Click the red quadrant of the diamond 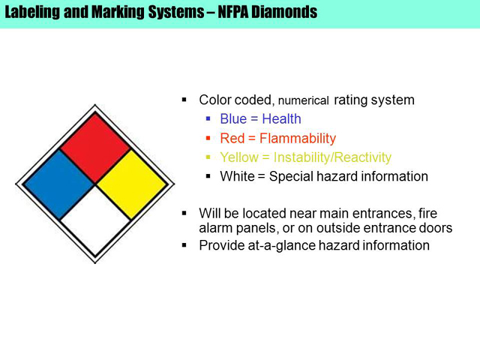click(95, 148)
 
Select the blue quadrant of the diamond click(58, 184)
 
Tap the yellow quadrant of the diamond click(132, 184)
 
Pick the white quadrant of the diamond click(95, 220)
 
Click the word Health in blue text click(282, 118)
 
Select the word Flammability click(298, 138)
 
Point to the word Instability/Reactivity click(332, 157)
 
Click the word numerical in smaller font click(303, 100)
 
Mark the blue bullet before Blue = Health click(208, 118)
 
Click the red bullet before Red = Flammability click(208, 138)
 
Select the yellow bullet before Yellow click(208, 157)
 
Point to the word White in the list click(237, 177)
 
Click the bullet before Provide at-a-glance click(184, 245)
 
